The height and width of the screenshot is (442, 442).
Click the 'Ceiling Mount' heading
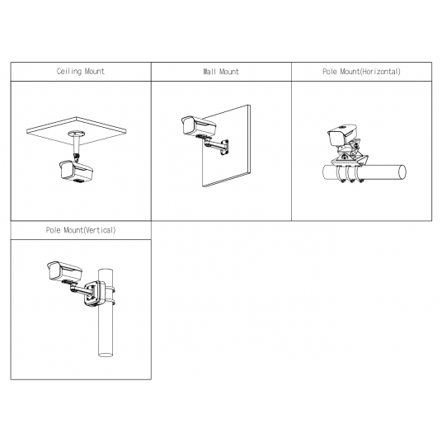coord(81,71)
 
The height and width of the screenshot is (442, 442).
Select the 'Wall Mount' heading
coord(221,72)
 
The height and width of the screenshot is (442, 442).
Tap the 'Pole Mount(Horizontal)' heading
coord(361,72)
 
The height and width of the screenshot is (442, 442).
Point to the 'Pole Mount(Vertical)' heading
coord(81,230)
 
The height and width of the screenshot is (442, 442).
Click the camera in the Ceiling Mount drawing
coord(76,171)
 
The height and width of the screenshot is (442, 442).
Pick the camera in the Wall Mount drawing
coord(199,125)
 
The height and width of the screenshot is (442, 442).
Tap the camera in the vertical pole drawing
coord(64,271)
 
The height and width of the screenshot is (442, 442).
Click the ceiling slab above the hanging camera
coord(77,131)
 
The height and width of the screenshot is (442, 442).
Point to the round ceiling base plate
coord(77,133)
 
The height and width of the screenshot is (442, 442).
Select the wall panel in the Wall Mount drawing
coord(226,146)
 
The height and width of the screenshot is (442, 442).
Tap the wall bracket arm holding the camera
coord(217,146)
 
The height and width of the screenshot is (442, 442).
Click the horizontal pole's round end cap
coord(402,172)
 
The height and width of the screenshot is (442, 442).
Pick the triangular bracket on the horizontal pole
coord(350,160)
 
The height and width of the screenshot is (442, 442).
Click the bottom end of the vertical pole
coord(106,355)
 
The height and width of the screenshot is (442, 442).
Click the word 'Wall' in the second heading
coord(209,72)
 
